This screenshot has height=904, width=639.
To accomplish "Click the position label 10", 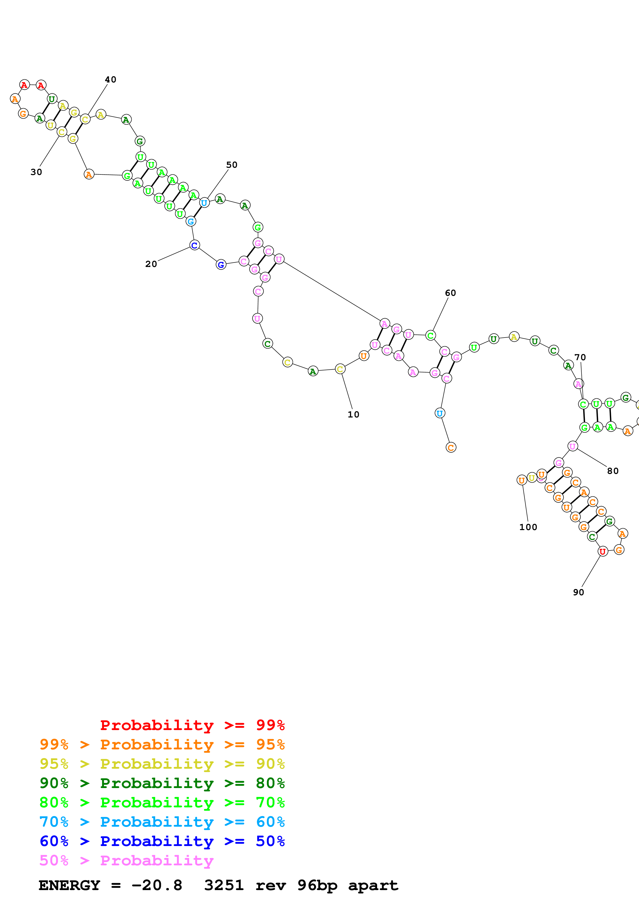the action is click(353, 415).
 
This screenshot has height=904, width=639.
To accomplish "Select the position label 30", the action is click(36, 172).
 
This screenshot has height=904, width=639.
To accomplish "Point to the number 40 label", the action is click(111, 80).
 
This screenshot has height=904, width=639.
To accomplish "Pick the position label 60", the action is click(450, 293).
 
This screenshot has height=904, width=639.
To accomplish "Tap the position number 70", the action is click(580, 357).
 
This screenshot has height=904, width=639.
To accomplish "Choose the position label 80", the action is click(613, 471).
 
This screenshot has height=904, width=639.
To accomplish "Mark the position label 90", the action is click(578, 592).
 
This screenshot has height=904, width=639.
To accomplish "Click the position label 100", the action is click(528, 527).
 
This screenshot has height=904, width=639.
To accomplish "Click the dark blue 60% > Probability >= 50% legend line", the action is click(162, 841).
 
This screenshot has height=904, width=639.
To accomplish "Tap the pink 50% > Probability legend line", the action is click(126, 861).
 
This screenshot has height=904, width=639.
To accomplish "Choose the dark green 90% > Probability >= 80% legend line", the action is click(162, 783).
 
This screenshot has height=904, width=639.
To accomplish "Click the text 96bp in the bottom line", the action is click(317, 885).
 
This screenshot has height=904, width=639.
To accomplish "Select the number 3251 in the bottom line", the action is click(224, 885).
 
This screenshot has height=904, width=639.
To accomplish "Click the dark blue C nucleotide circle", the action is click(194, 245).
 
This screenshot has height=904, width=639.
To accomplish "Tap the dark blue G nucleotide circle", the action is click(221, 265).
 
